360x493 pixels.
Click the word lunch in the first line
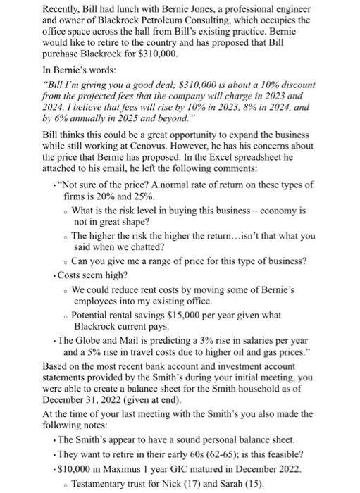[129, 9]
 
